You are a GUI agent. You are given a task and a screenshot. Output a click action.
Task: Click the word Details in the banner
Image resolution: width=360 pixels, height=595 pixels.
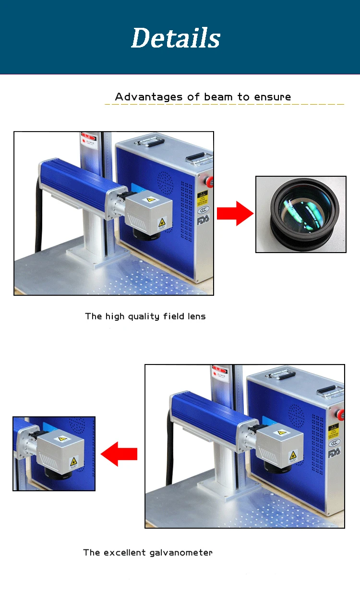point(176,38)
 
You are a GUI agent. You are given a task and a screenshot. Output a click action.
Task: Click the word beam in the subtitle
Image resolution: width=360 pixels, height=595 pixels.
point(218,97)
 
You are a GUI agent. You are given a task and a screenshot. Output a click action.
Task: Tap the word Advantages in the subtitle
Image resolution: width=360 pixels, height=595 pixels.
point(149,97)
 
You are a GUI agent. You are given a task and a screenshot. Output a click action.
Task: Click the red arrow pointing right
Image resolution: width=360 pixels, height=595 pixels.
point(235,213)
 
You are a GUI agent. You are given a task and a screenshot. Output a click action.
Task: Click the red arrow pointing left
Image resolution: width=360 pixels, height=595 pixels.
point(120,454)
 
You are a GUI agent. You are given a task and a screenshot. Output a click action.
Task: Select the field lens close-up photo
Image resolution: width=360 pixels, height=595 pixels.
point(300,214)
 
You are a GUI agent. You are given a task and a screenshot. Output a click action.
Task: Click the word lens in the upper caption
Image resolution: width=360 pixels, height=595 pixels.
point(196,316)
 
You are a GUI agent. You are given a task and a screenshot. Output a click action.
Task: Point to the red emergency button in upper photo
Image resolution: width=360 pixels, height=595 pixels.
point(209,182)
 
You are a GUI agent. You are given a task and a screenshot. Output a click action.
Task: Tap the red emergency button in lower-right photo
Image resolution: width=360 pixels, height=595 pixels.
point(341,413)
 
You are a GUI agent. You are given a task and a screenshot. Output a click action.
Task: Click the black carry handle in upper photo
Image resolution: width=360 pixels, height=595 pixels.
point(197,157)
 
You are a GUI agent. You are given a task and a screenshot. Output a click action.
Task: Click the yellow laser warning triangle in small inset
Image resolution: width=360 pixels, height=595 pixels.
point(73,462)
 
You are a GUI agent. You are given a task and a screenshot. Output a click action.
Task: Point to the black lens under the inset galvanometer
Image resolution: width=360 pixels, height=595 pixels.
point(58,474)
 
